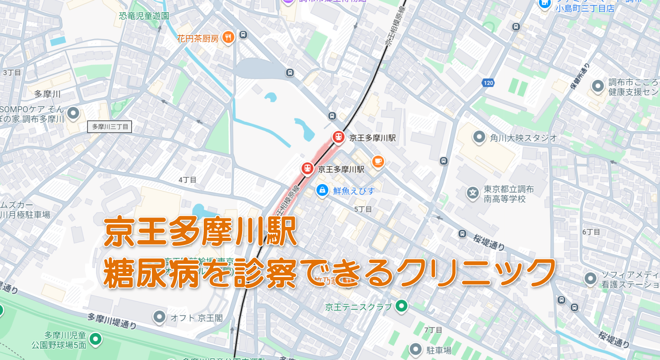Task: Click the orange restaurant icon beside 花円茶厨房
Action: tap(229, 38)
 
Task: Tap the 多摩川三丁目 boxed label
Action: tap(110, 127)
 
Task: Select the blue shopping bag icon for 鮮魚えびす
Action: tap(322, 190)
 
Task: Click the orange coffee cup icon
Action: tap(378, 161)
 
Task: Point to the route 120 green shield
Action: tap(488, 83)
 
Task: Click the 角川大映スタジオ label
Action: tap(523, 138)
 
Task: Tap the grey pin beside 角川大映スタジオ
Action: tap(479, 137)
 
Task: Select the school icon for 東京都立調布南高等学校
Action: tap(472, 193)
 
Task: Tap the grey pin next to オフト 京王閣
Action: tap(159, 317)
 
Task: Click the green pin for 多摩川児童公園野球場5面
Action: tap(95, 338)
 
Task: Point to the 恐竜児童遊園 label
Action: tap(144, 16)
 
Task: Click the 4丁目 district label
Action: tap(188, 180)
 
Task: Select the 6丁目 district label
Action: tap(591, 232)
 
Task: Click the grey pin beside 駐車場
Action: tap(416, 349)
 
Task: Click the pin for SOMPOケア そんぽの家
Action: tap(73, 113)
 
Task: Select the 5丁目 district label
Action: tap(363, 209)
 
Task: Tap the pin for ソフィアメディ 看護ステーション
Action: tap(591, 279)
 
